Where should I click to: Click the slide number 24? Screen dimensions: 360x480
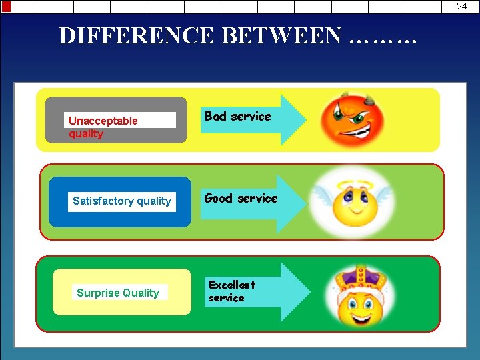461,6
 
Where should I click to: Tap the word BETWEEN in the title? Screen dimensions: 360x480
281,35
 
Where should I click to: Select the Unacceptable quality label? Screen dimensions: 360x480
103,127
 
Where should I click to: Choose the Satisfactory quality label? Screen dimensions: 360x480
122,201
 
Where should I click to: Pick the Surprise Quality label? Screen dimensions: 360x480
118,293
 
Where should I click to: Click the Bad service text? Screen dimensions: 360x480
237,117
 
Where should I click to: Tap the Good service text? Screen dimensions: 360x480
241,198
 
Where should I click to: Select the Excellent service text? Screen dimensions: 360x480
231,291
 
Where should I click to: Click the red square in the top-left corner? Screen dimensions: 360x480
6,7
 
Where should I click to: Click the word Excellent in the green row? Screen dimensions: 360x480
231,285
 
